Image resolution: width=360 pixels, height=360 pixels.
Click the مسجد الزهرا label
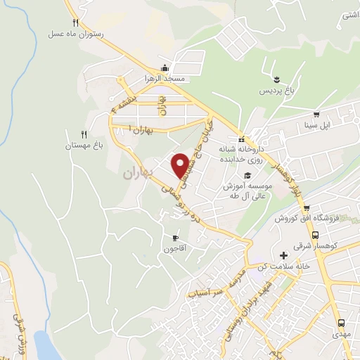(x=165, y=78)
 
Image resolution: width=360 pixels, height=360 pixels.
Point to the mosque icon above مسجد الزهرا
(x=165, y=68)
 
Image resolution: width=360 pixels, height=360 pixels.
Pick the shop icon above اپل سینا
(x=316, y=115)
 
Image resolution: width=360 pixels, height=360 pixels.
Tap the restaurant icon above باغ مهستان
(x=83, y=134)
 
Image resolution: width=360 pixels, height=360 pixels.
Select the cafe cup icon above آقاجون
(x=175, y=238)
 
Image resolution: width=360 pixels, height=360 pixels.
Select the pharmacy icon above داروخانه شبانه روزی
(x=241, y=139)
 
